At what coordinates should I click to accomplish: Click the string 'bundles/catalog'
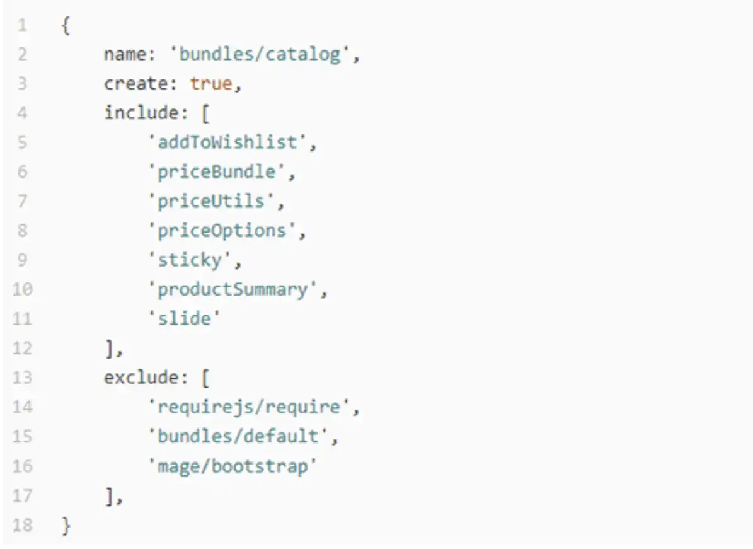(x=260, y=54)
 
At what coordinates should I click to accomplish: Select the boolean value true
(x=211, y=83)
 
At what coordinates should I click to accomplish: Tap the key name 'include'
(x=141, y=112)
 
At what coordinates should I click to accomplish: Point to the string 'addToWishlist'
(x=227, y=142)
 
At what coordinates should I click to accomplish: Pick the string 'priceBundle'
(x=217, y=172)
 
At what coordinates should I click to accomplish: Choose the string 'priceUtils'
(x=211, y=201)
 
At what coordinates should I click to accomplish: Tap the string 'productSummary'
(x=233, y=290)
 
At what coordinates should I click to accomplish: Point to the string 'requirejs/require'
(x=250, y=407)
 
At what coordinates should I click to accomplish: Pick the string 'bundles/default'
(x=238, y=436)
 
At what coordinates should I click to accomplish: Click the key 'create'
(x=136, y=83)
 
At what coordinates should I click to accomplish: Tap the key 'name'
(x=125, y=54)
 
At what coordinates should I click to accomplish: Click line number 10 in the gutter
(x=23, y=289)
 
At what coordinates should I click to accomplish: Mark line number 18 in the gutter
(x=23, y=524)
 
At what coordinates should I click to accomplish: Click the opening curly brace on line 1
(x=66, y=25)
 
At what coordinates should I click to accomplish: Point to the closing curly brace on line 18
(x=66, y=526)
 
